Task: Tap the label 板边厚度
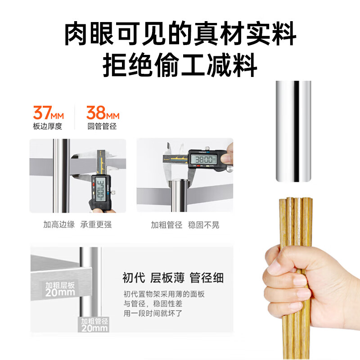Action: (x=47, y=126)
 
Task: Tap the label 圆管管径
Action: (x=102, y=126)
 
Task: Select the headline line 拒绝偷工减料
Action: (x=180, y=66)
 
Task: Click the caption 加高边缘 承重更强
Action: (x=77, y=225)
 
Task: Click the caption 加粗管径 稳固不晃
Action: (x=185, y=225)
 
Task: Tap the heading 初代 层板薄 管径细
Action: (x=173, y=278)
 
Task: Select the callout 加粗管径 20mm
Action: (x=94, y=325)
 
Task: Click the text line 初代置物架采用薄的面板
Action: (x=164, y=294)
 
